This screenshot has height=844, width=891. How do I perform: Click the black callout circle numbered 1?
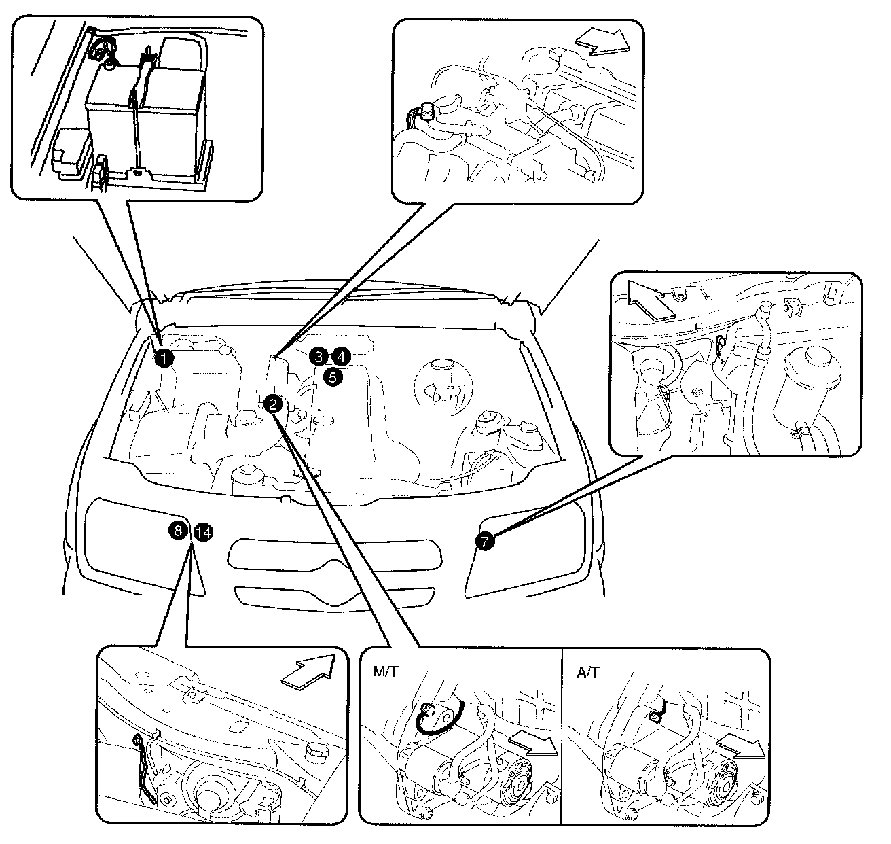164,359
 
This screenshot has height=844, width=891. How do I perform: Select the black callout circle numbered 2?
272,404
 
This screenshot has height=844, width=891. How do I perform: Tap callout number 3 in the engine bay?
319,357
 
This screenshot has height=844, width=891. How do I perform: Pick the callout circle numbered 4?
342,357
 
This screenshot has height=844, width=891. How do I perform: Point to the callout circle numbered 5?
333,377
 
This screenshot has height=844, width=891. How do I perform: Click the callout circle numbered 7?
485,541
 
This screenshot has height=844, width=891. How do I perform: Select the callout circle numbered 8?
178,530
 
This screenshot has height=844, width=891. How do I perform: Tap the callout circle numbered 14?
203,533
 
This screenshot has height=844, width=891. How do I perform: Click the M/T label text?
385,671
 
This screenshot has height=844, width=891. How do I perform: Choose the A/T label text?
588,672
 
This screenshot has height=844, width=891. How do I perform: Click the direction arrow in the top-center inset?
602,41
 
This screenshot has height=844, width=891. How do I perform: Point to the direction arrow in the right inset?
651,300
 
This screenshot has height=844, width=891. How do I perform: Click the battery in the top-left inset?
146,120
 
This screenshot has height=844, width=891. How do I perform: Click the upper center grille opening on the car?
335,555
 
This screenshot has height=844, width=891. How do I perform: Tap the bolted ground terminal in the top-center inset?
426,111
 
